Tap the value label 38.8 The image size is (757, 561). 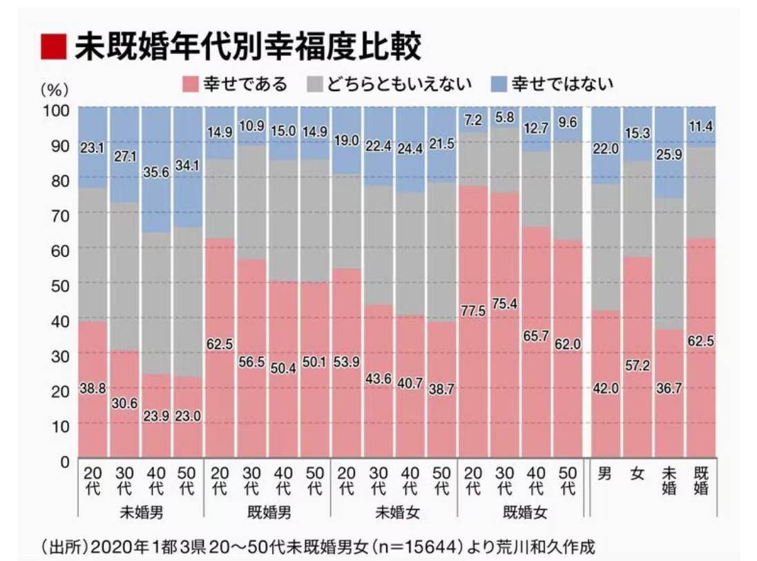tap(92, 389)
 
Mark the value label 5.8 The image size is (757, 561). tap(504, 117)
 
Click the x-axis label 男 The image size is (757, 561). tap(604, 475)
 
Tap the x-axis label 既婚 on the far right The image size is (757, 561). tap(700, 482)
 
